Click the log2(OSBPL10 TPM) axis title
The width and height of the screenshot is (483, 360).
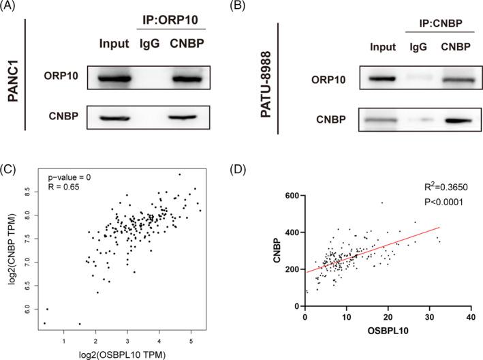(x=121, y=354)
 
